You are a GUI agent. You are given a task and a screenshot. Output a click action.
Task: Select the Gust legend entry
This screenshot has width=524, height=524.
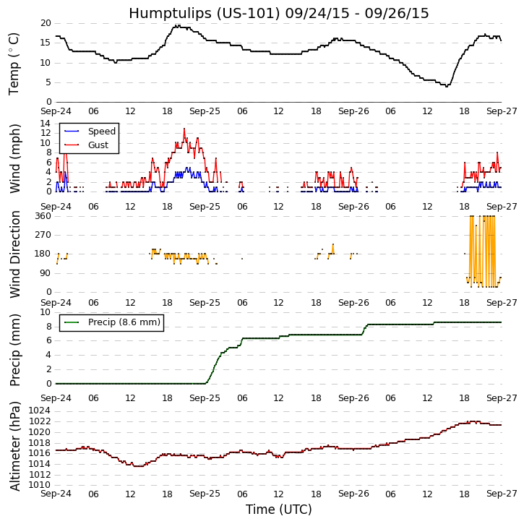click(x=98, y=145)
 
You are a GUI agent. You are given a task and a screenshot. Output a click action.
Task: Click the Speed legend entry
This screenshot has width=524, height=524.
click(x=101, y=132)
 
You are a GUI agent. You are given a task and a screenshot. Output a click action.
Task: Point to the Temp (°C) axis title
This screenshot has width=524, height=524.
click(x=14, y=63)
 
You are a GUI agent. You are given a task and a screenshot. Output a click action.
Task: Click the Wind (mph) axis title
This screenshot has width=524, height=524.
click(x=15, y=158)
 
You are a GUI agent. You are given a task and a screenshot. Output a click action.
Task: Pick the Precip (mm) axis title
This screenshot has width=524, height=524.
click(x=15, y=348)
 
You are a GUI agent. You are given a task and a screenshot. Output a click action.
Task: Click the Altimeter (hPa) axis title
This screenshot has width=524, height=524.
click(x=15, y=445)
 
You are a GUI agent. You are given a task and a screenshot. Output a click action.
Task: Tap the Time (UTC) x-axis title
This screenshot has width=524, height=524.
click(x=278, y=510)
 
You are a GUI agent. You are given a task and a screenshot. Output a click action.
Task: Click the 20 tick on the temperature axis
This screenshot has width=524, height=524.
click(x=45, y=23)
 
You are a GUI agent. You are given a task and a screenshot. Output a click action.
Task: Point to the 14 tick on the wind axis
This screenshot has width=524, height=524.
click(x=45, y=124)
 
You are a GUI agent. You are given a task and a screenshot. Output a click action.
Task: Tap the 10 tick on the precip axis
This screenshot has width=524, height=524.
click(x=45, y=312)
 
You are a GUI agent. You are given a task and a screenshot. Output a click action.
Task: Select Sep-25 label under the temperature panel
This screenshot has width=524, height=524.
click(x=205, y=112)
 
